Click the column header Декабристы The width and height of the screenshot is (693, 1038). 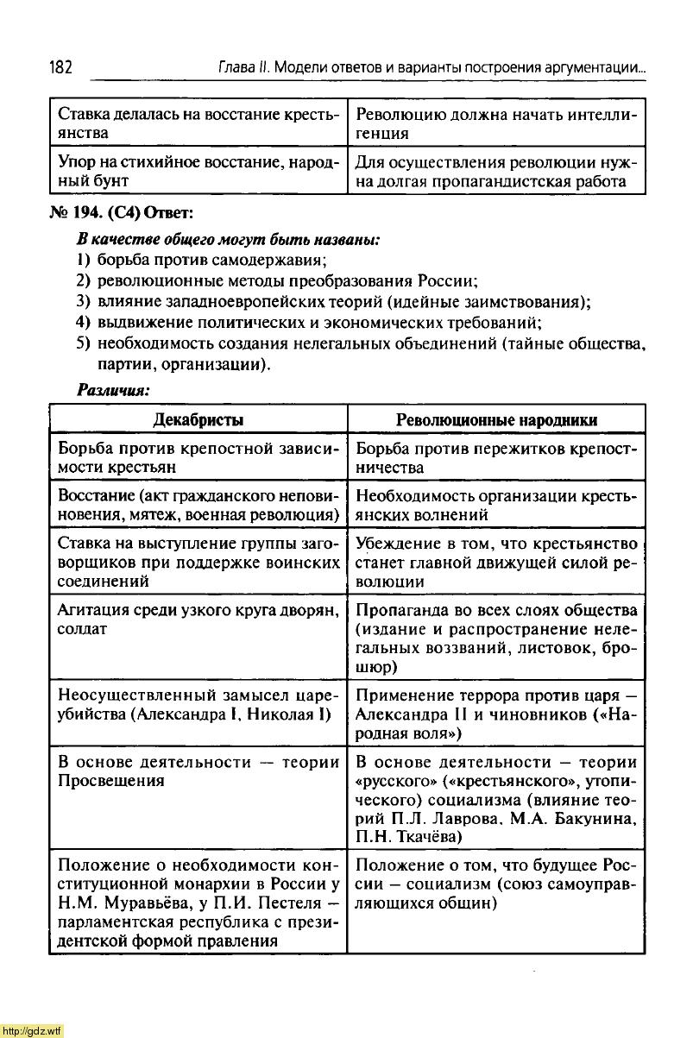(x=198, y=420)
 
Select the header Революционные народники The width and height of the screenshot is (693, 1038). (x=496, y=420)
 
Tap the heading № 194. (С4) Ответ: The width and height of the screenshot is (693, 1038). (x=128, y=213)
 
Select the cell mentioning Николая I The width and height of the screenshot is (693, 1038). (x=198, y=714)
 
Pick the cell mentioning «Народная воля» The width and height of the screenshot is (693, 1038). (x=496, y=714)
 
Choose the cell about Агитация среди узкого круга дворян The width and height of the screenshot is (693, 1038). (x=198, y=620)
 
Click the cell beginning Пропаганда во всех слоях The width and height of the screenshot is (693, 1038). (x=496, y=639)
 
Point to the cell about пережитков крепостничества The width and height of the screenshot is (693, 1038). (x=496, y=458)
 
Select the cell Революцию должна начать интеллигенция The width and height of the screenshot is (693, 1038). (x=496, y=123)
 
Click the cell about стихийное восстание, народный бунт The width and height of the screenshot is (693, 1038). (x=198, y=172)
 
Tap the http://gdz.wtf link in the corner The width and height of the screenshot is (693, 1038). (x=33, y=1030)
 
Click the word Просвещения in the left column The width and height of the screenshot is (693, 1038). (x=110, y=781)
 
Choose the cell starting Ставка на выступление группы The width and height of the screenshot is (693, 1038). (x=198, y=563)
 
